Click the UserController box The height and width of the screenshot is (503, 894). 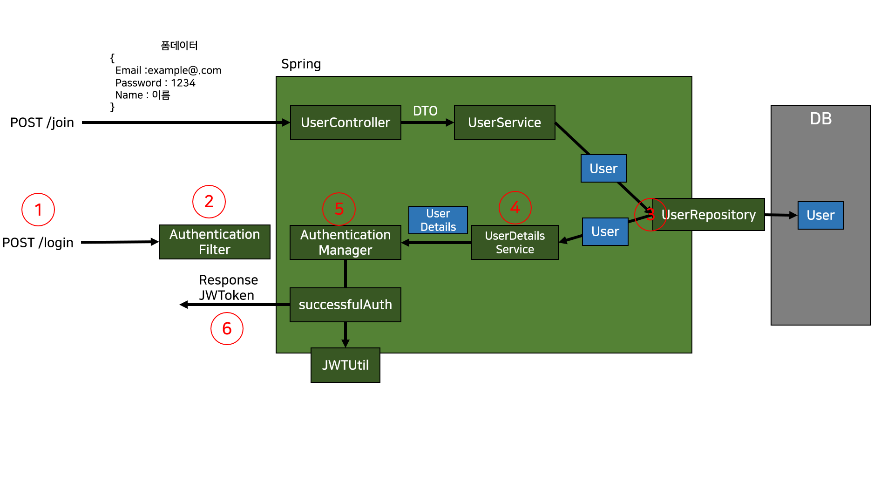345,122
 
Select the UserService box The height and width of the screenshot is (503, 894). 504,122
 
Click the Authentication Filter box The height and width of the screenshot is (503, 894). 214,242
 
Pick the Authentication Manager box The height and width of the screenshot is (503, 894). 345,242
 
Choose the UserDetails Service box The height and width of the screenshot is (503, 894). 515,242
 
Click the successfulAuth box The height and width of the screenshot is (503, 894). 345,305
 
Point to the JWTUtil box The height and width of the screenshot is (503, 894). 345,365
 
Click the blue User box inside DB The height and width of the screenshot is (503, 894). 820,215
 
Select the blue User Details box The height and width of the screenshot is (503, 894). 438,220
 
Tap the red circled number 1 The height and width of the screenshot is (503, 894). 38,210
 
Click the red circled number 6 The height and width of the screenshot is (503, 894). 227,329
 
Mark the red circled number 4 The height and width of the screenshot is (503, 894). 515,208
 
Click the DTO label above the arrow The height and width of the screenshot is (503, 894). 425,111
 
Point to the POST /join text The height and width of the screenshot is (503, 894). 42,122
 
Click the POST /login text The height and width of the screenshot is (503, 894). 38,243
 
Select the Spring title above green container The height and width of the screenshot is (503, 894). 301,64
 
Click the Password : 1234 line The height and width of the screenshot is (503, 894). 155,83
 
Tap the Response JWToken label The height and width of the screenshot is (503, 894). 228,287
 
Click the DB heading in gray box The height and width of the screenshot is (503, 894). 820,119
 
